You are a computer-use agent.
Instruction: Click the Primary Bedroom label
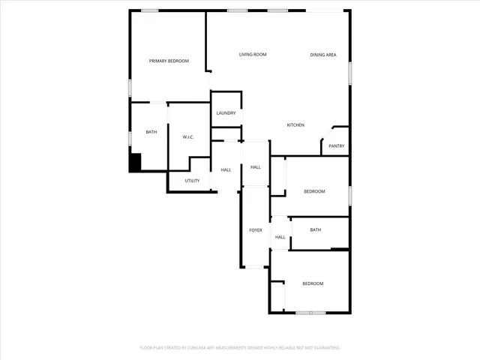point(169,61)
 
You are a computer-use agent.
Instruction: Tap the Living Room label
point(253,55)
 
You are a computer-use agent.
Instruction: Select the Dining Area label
point(323,55)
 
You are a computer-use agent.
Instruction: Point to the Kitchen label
point(295,125)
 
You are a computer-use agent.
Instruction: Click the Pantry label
point(336,146)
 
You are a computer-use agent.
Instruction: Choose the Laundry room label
point(226,113)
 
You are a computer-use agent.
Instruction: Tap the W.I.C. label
point(189,137)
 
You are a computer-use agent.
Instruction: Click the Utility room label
point(192,181)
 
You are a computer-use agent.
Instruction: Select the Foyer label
point(256,230)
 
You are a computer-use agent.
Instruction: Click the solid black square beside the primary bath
point(136,163)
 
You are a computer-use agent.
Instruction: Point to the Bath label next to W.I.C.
point(151,133)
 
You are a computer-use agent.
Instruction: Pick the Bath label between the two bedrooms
point(316,230)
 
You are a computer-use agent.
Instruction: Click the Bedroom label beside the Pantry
point(314,192)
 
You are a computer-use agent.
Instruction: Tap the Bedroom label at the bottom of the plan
point(313,283)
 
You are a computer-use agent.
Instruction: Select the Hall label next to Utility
point(226,170)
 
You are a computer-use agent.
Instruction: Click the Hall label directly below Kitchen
point(256,166)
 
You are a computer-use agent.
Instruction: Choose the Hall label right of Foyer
point(280,238)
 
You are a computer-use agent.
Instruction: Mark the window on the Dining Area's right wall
point(349,70)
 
